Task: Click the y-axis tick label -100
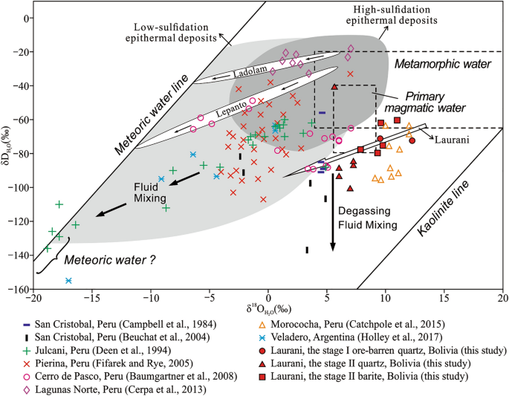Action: pos(16,187)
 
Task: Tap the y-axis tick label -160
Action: pos(16,289)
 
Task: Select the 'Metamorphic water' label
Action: pos(443,65)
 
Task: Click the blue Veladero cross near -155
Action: pos(68,280)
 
